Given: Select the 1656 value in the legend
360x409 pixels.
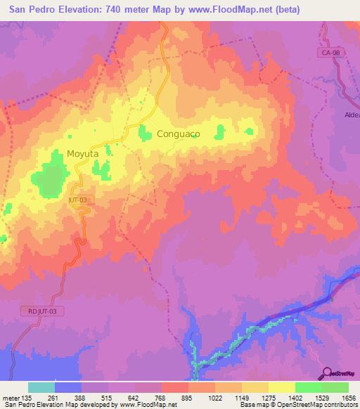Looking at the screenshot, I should [348, 397].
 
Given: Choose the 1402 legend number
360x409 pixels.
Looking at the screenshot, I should [295, 397].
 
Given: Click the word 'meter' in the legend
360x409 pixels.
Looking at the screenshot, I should [11, 397].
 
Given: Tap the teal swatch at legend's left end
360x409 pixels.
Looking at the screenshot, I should [41, 387].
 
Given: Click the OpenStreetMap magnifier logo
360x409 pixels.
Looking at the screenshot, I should [328, 372].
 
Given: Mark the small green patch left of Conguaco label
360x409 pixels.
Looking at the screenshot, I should [146, 133].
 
